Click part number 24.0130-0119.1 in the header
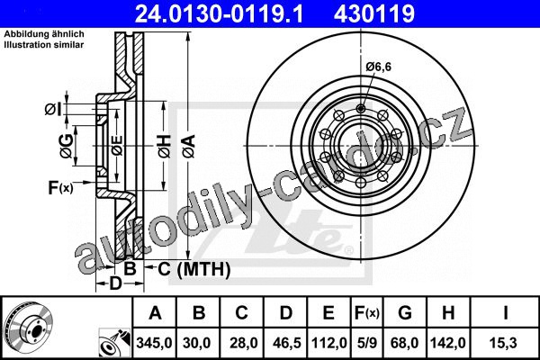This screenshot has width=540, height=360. click(219, 13)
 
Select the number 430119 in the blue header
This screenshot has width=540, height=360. click(374, 13)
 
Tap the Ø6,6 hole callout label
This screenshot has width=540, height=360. click(379, 67)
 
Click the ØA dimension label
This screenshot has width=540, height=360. click(188, 146)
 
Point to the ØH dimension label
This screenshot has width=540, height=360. click(165, 146)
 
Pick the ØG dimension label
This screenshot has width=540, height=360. click(67, 146)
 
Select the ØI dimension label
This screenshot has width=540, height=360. click(53, 109)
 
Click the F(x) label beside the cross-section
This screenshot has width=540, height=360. click(60, 188)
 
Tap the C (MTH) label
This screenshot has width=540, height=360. click(194, 269)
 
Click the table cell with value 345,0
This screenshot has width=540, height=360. click(154, 343)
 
